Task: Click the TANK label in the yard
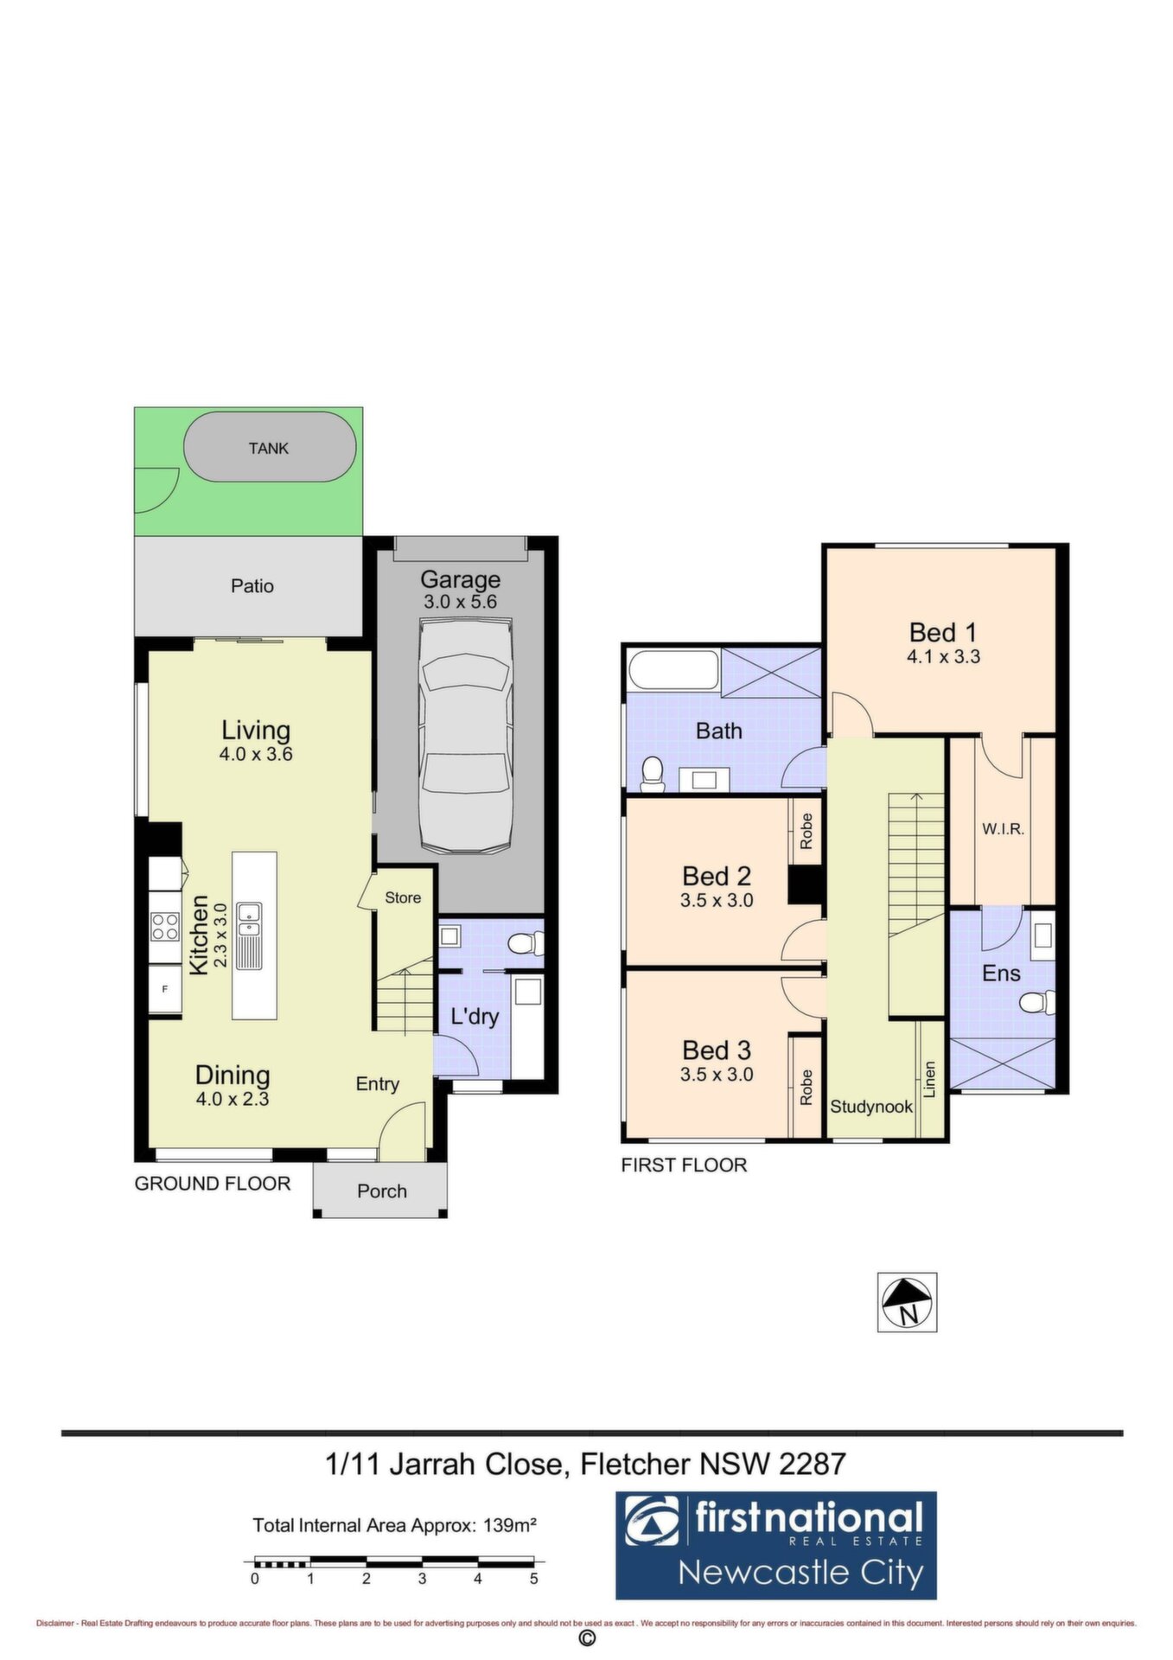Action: [x=268, y=448]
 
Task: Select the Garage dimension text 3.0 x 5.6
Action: [x=460, y=602]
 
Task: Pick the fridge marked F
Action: [x=165, y=988]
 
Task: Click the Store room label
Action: [x=403, y=897]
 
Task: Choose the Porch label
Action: [x=382, y=1191]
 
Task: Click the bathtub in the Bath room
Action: [x=673, y=670]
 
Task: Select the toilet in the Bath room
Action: [x=652, y=774]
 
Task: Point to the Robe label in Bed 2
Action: [x=806, y=831]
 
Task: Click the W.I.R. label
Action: [x=1003, y=829]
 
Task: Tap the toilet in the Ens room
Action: [x=1036, y=1003]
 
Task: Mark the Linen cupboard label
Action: [x=930, y=1079]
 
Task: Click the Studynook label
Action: [x=871, y=1106]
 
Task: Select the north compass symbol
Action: [x=908, y=1302]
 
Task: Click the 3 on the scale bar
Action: [x=422, y=1579]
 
